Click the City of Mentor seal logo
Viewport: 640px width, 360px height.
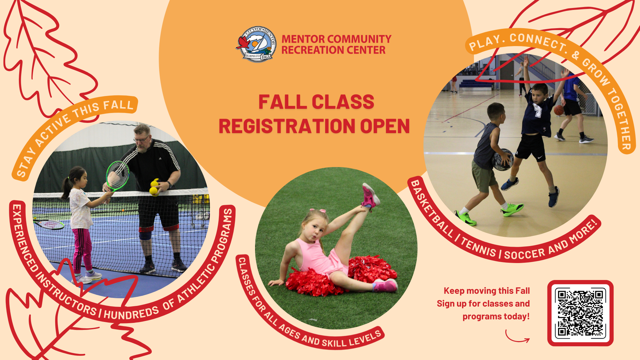coord(257,44)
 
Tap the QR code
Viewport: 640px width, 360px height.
coord(580,313)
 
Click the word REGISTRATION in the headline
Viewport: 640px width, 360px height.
coord(287,126)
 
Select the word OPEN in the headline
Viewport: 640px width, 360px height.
coord(385,126)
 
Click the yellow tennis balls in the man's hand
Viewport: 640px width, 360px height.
coord(154,188)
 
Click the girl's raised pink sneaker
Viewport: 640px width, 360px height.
coord(370,195)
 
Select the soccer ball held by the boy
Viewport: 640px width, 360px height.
coord(502,159)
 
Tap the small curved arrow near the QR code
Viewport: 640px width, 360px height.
coord(516,337)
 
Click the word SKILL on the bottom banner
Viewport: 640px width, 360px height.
coord(334,343)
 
